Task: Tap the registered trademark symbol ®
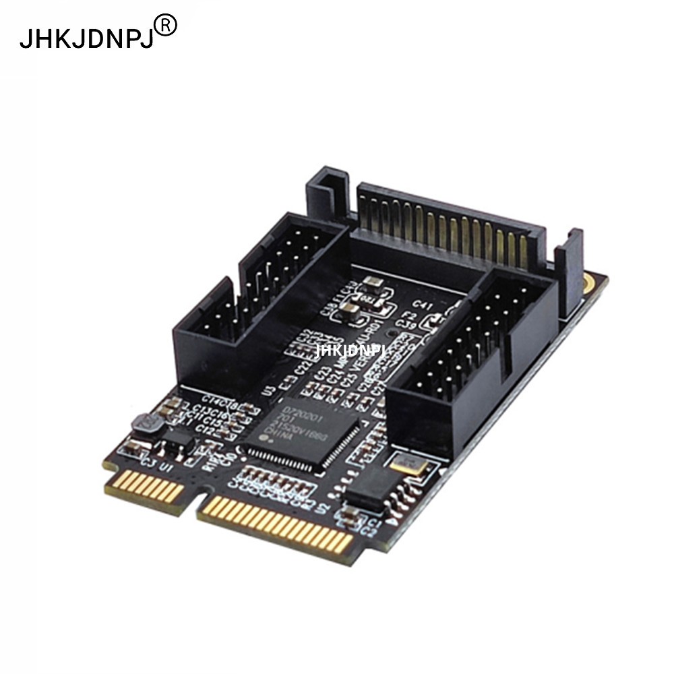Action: click(x=166, y=26)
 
